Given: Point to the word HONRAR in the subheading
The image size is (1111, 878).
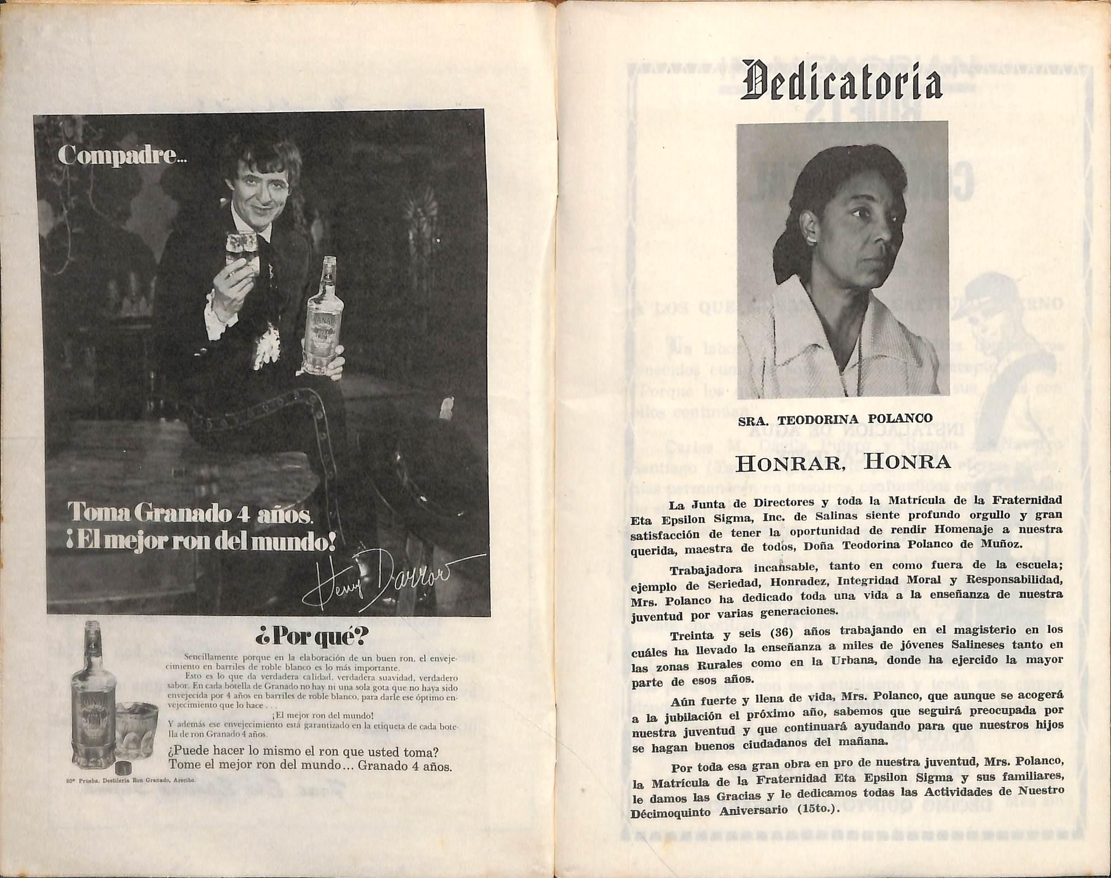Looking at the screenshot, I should point(797,464).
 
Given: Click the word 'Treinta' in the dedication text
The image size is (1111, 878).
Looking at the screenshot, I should point(691,636).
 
